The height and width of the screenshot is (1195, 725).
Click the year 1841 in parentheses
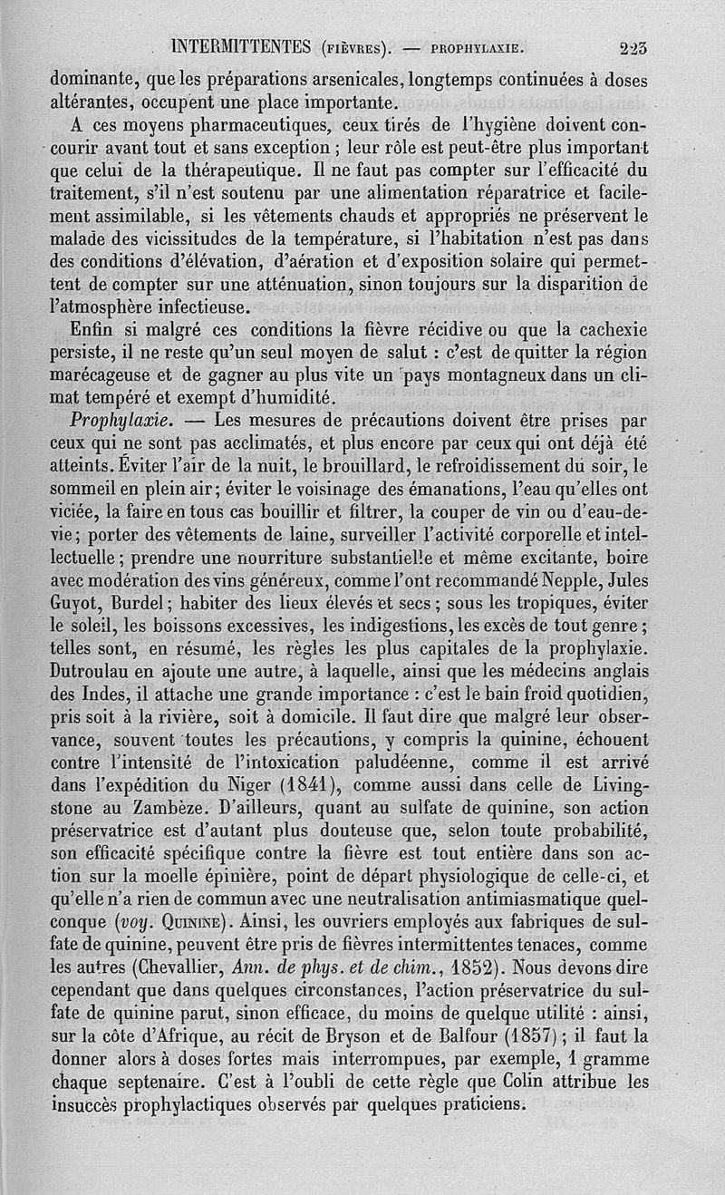click(x=302, y=780)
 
